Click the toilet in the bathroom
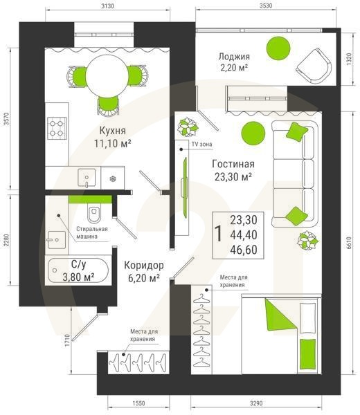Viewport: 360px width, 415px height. tap(93, 214)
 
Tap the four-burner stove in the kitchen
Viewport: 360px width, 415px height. tap(57, 128)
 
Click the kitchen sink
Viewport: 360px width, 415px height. tap(87, 178)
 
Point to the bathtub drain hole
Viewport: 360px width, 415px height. tap(55, 270)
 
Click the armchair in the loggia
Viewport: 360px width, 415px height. tap(314, 66)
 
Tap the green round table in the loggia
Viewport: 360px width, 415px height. tap(278, 48)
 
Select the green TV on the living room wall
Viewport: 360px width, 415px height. tap(185, 187)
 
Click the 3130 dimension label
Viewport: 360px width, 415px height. tap(107, 6)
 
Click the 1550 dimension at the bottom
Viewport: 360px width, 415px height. tap(138, 403)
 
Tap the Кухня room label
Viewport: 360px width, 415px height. tap(112, 131)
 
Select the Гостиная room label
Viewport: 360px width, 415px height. tap(233, 164)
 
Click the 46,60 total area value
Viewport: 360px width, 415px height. tap(244, 250)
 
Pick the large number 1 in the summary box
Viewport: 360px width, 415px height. tap(219, 234)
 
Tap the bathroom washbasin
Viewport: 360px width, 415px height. tap(57, 240)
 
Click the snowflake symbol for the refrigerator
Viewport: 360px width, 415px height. tap(113, 179)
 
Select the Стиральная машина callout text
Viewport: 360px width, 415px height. tap(92, 232)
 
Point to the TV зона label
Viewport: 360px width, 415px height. tap(202, 145)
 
